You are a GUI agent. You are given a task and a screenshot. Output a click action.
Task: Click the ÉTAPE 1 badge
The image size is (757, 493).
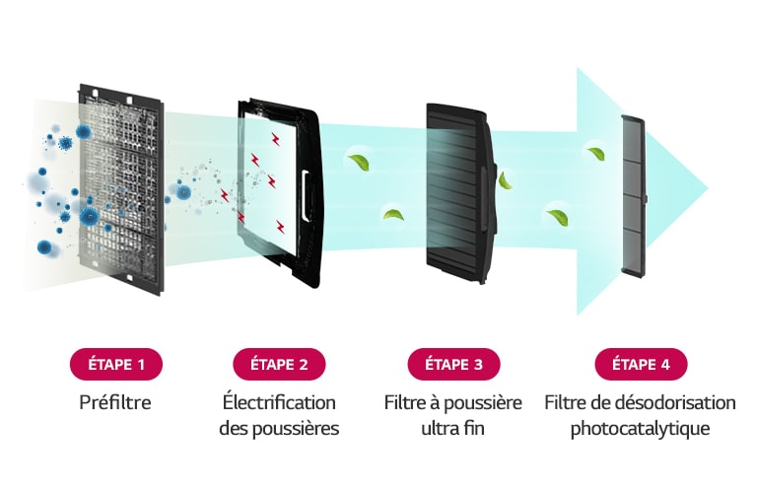point(116,364)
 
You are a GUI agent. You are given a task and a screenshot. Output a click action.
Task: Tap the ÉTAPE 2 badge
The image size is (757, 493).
point(279,364)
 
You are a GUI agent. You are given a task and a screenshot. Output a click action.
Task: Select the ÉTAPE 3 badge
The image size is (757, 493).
point(453,364)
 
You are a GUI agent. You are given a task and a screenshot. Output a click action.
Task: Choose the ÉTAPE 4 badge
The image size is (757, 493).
point(641,364)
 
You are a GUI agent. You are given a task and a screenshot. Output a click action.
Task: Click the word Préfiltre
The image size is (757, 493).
point(115,402)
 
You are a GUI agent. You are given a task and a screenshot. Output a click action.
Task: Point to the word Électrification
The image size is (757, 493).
point(279,402)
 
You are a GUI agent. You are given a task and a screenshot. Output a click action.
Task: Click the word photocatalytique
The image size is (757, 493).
point(640,429)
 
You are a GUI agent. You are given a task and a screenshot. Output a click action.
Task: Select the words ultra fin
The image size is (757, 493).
point(452,428)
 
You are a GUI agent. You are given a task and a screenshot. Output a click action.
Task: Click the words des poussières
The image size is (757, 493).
point(279,429)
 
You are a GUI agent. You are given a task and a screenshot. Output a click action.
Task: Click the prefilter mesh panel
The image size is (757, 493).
point(120,188)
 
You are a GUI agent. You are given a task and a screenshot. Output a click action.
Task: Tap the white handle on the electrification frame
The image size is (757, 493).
point(306,195)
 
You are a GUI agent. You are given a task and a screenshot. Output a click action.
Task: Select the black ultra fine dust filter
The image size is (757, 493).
point(461,193)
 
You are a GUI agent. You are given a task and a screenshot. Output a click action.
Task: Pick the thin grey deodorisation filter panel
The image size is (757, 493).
point(634,197)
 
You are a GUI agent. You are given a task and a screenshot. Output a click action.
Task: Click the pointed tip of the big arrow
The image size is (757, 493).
point(708,188)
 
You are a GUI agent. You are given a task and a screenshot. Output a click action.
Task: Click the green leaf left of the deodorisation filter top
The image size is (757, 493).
point(597,154)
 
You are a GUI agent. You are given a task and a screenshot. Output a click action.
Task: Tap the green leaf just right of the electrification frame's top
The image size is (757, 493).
point(359,163)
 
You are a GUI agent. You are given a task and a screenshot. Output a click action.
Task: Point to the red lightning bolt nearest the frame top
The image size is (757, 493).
point(276,139)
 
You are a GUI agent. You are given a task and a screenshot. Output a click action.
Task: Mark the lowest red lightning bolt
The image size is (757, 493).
point(280,227)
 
